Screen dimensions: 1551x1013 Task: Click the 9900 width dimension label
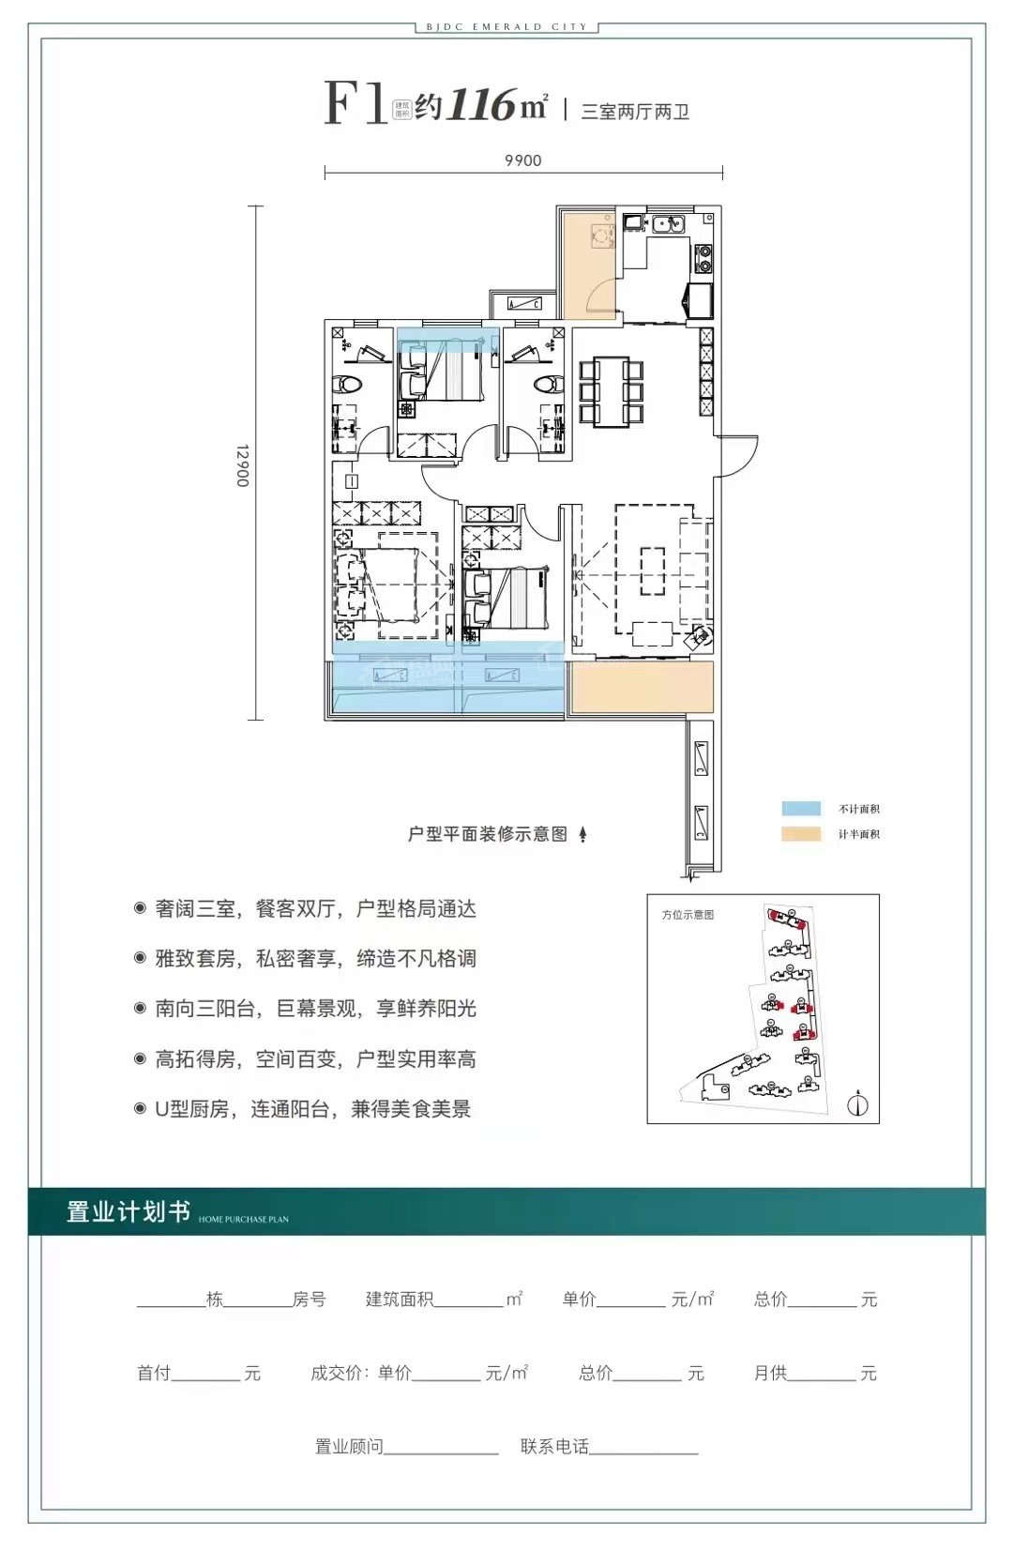522,160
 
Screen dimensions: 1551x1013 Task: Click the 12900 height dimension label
242,465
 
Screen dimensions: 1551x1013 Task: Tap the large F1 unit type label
355,102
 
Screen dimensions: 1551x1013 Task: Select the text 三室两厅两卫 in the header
635,112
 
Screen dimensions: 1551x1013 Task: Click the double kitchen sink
669,223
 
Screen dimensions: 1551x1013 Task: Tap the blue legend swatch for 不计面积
801,809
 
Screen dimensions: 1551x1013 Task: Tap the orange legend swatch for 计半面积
801,833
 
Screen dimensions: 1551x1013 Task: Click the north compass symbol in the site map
857,1104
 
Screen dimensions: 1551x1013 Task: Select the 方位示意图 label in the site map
688,915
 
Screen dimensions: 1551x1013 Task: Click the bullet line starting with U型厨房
312,1108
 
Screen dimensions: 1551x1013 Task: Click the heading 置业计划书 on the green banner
128,1211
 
